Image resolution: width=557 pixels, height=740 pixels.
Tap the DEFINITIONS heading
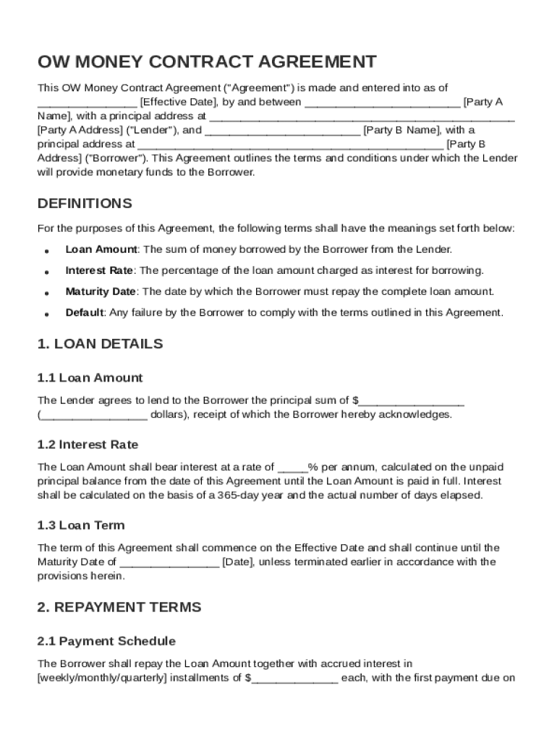[x=85, y=203]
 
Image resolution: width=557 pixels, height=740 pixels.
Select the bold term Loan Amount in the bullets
[x=101, y=249]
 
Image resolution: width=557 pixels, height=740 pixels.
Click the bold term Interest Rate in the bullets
[x=99, y=270]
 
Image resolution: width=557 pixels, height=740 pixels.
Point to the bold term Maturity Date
[x=101, y=292]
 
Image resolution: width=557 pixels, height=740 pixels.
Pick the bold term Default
[x=85, y=313]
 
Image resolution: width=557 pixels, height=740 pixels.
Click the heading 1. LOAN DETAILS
[x=100, y=344]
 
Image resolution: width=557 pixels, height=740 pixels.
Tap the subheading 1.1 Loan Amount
[x=90, y=378]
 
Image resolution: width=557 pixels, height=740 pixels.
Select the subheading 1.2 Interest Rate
[x=88, y=444]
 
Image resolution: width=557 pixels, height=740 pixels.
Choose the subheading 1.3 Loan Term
[x=81, y=525]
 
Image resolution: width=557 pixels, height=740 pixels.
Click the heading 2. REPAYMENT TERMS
[x=119, y=607]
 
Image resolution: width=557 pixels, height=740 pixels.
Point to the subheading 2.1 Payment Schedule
[x=106, y=641]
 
